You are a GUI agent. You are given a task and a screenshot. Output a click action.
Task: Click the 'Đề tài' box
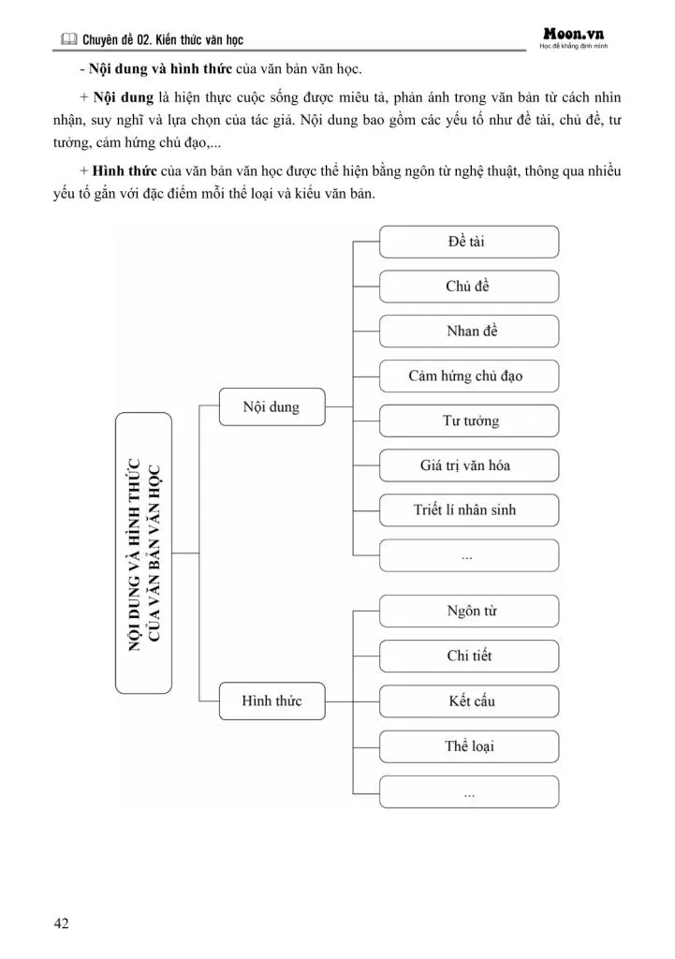click(x=468, y=242)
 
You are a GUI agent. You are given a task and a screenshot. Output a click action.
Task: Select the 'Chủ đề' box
click(x=468, y=287)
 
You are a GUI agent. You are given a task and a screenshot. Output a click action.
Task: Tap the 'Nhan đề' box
click(x=468, y=331)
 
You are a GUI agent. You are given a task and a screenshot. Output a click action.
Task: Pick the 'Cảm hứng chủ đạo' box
click(x=468, y=376)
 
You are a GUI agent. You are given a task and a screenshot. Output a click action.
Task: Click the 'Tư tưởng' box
click(x=468, y=420)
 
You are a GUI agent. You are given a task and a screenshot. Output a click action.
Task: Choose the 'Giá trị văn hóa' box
click(x=468, y=465)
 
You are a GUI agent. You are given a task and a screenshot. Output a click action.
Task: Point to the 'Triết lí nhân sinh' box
click(x=468, y=510)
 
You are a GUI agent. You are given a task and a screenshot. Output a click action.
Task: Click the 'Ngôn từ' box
click(x=468, y=612)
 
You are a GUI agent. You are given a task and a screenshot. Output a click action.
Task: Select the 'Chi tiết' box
click(x=468, y=656)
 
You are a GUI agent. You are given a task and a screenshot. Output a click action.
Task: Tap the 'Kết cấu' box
click(x=468, y=701)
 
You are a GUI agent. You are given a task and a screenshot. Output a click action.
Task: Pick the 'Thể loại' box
click(x=468, y=746)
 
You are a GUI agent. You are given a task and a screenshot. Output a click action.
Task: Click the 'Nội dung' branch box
click(x=271, y=407)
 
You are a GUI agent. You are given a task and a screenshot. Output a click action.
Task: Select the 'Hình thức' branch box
click(x=271, y=701)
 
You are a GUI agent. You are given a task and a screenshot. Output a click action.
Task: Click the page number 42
click(x=61, y=923)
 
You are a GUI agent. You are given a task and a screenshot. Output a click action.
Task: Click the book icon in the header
click(x=68, y=40)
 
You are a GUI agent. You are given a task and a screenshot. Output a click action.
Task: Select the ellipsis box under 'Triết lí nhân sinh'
click(x=468, y=555)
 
